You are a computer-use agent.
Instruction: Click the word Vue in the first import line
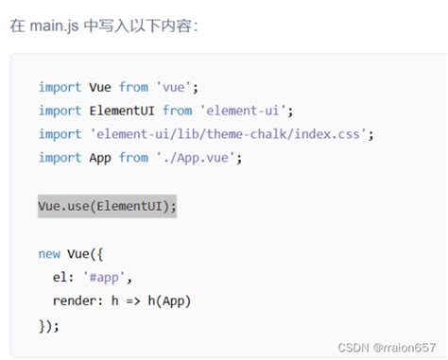tap(100, 87)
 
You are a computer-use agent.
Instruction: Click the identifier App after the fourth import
tap(100, 158)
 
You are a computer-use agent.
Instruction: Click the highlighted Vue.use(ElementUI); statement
tap(107, 206)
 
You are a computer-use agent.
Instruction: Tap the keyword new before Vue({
tap(49, 253)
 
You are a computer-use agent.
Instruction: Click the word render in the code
tap(77, 301)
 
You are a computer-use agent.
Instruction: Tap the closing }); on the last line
tap(49, 325)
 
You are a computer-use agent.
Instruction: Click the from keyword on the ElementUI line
tap(177, 111)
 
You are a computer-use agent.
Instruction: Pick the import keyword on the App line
tap(60, 158)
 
